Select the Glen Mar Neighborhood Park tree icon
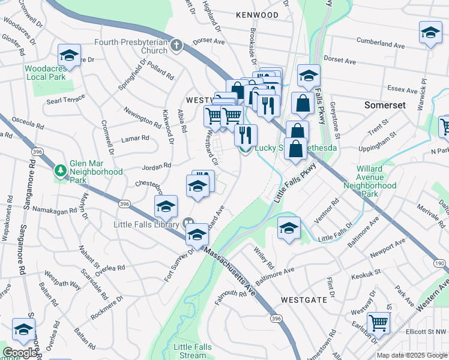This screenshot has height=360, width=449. tap(61, 172)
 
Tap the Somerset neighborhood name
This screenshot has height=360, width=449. tap(385, 104)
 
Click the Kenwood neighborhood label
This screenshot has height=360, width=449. tap(257, 14)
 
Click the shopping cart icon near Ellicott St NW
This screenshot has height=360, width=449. tap(379, 323)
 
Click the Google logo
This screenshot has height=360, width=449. tap(20, 353)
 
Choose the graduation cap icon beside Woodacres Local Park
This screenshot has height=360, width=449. tap(70, 55)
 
